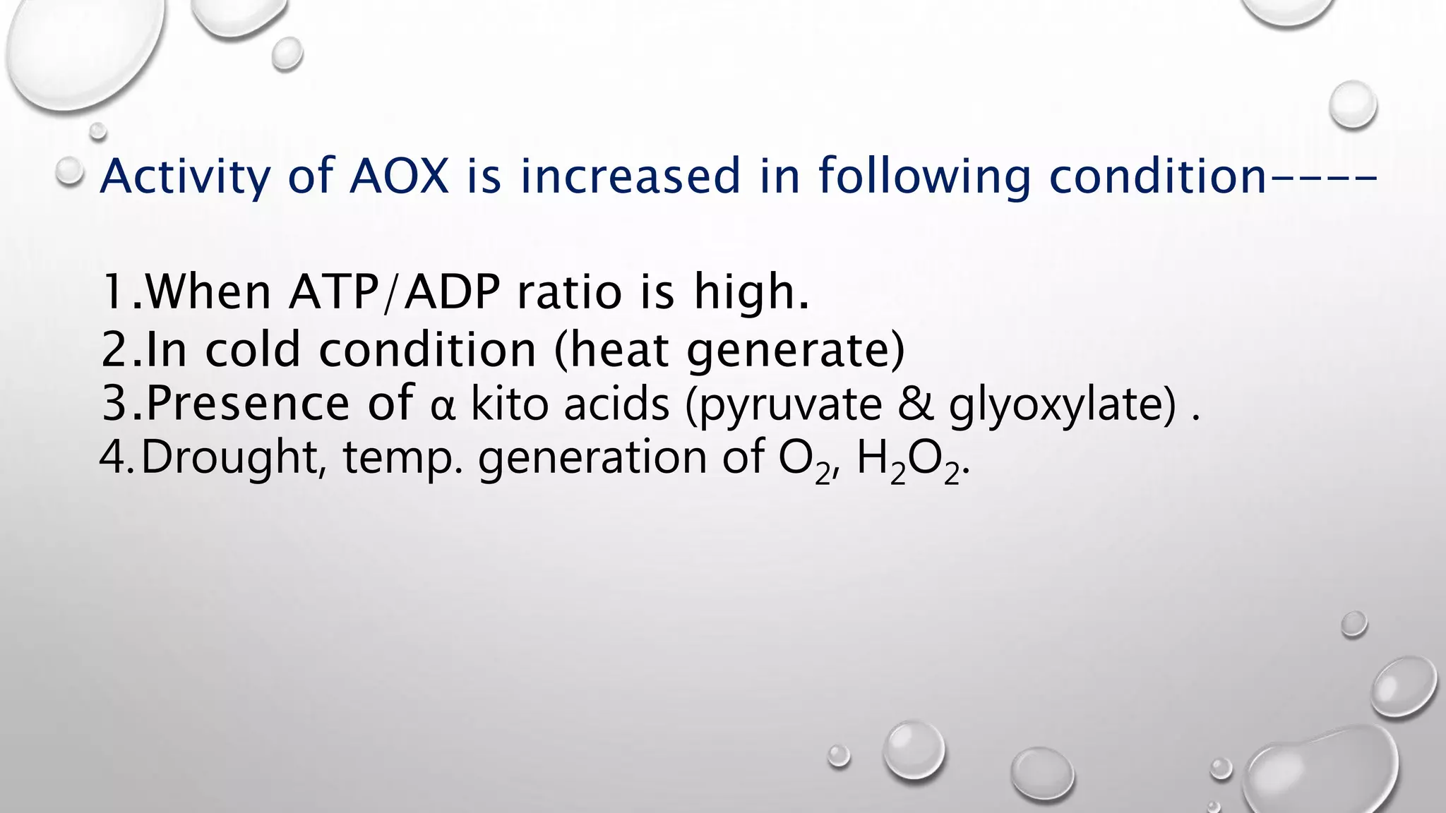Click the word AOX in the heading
pyautogui.click(x=400, y=176)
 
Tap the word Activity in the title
pyautogui.click(x=184, y=177)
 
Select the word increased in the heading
pyautogui.click(x=631, y=176)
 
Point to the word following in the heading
pyautogui.click(x=925, y=177)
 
